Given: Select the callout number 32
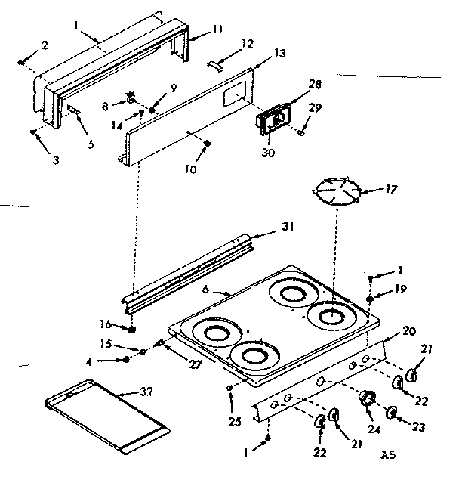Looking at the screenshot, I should (x=148, y=391).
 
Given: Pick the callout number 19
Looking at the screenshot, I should (x=401, y=288).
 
